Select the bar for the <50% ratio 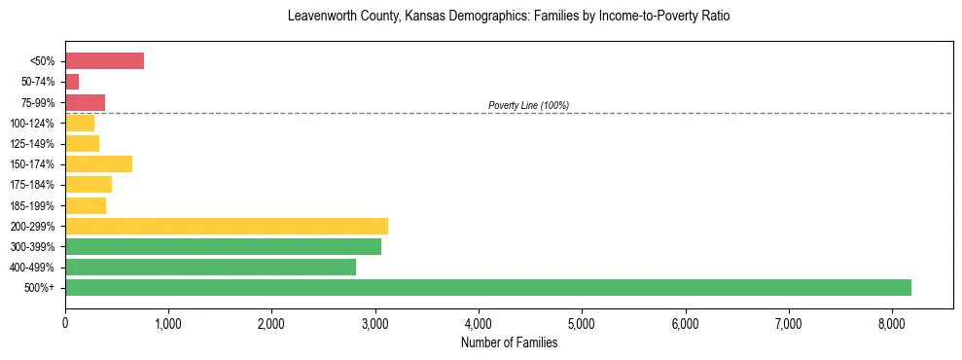(x=104, y=61)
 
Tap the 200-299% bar (x=227, y=226)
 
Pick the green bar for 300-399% (x=223, y=246)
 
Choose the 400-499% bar (x=210, y=267)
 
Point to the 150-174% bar (x=98, y=163)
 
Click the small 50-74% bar (x=72, y=82)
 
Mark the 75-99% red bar (x=85, y=102)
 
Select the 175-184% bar (x=89, y=184)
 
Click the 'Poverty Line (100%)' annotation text (x=528, y=105)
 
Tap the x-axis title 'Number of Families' (x=509, y=342)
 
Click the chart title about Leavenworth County (x=509, y=17)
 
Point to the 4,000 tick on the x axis (x=479, y=324)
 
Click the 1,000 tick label (x=168, y=324)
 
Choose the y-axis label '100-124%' (x=39, y=124)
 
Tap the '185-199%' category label (x=39, y=205)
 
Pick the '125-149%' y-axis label (x=39, y=144)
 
